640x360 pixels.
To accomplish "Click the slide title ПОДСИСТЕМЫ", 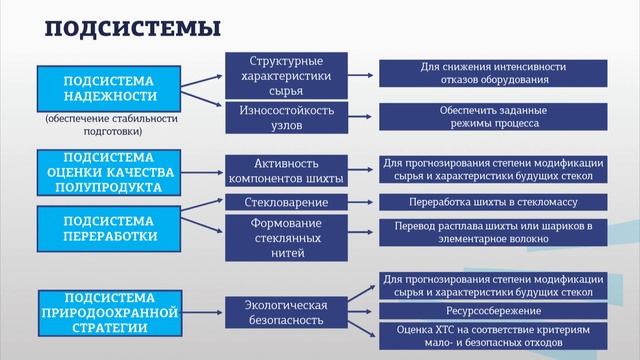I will point(133,29).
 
